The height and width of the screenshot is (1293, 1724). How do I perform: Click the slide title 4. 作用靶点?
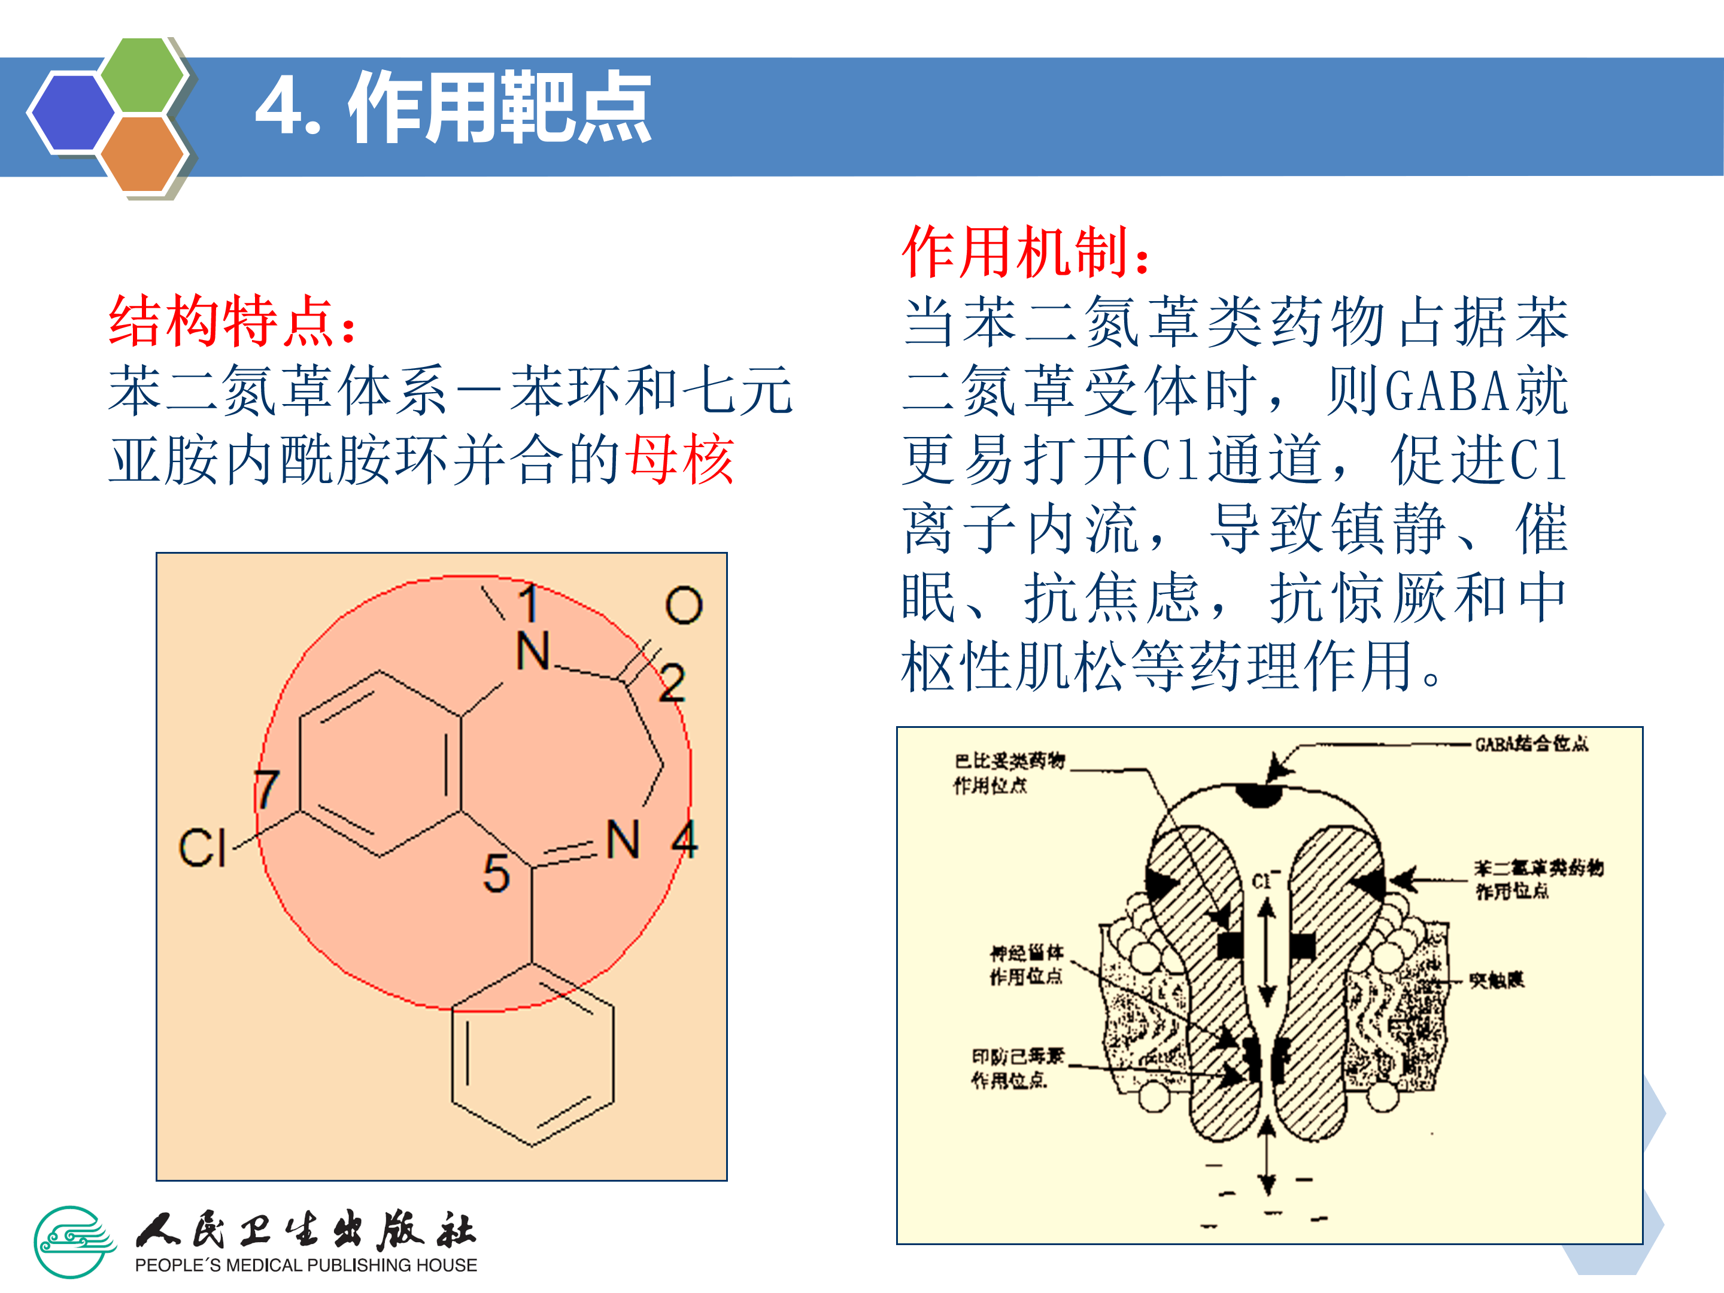pos(453,108)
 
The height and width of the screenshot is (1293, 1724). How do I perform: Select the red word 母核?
pos(681,460)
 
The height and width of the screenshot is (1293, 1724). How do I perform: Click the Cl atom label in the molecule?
pos(202,848)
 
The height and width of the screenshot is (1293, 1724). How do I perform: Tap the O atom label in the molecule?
pos(684,606)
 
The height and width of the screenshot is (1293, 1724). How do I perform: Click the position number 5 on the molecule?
pos(496,873)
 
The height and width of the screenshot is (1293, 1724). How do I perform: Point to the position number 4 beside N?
pos(684,839)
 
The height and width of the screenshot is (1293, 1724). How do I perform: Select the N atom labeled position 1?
pos(533,651)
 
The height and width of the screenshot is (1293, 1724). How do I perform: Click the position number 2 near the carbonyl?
pos(672,684)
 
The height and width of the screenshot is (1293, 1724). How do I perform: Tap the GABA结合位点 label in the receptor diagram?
pos(1531,743)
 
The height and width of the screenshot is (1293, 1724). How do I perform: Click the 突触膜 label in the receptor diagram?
pos(1497,980)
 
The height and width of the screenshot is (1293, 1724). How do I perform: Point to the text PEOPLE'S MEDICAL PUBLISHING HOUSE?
pos(305,1265)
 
